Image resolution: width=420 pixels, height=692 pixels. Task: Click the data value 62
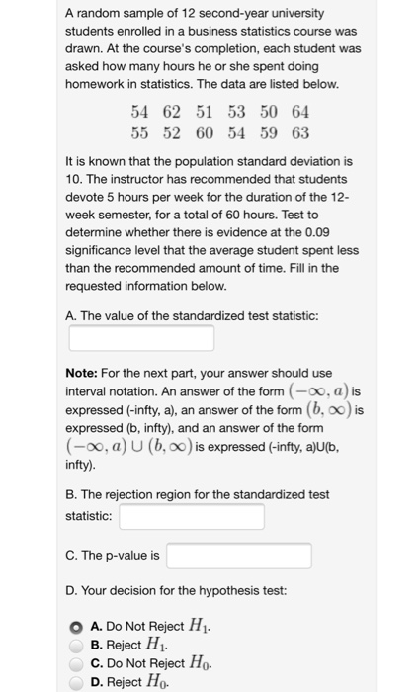pos(171,112)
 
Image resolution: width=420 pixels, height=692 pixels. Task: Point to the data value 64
pos(300,112)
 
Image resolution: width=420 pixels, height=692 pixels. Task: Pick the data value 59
pos(269,132)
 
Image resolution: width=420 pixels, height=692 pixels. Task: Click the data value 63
pos(300,132)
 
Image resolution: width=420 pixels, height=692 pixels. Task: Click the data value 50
pos(269,112)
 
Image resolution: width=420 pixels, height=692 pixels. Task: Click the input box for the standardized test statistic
pos(141,339)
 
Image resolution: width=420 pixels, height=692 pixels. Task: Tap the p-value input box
pos(239,556)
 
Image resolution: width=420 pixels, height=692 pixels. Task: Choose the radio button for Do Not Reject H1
pos(75,625)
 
